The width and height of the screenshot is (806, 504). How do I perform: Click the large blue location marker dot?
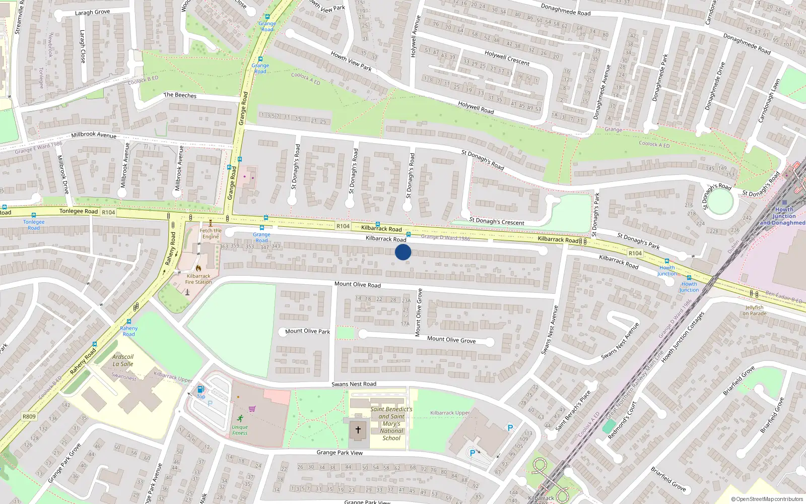coord(403,252)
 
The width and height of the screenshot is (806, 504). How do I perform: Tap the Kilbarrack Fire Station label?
coord(198,279)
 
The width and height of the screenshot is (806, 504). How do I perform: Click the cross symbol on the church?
coord(358,430)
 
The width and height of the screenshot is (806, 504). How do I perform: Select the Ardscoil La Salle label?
coord(123,360)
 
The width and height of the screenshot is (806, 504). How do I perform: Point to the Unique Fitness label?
coord(240,430)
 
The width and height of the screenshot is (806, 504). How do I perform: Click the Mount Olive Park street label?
coord(307,331)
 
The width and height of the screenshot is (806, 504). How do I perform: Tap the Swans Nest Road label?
coord(354,384)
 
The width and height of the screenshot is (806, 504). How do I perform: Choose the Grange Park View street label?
coord(340,453)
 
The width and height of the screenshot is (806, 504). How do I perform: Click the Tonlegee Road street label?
coord(79,211)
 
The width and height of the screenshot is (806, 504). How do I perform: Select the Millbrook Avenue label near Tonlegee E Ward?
coord(94,135)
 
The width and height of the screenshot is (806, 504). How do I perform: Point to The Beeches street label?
coord(180,95)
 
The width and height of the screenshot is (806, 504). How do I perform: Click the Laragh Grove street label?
coord(92,12)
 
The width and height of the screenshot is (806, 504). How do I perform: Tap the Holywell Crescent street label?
coord(507,58)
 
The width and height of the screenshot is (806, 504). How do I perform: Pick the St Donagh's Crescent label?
coord(497,221)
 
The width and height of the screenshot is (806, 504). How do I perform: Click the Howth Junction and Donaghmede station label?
coord(783,216)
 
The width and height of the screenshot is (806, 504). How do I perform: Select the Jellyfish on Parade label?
coord(754,310)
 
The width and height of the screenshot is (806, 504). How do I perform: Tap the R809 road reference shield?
coord(29,416)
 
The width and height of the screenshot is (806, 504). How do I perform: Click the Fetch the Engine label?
coord(210,233)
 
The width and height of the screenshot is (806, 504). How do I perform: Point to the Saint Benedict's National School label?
coord(391,423)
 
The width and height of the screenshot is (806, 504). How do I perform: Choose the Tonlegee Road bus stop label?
coord(34,225)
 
